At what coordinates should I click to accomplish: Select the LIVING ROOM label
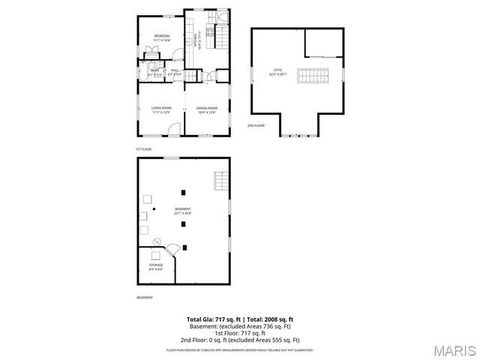161,109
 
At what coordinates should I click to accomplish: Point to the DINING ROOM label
207,109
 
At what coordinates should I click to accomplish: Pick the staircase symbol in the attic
313,75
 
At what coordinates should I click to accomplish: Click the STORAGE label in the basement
155,265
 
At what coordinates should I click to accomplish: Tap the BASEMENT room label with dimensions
183,211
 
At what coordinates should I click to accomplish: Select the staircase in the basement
220,181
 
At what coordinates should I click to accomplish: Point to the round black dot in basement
154,210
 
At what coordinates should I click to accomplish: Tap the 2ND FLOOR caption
256,125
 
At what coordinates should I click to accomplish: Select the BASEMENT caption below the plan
145,298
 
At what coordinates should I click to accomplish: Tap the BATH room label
154,72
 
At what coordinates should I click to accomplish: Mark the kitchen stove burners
210,31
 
